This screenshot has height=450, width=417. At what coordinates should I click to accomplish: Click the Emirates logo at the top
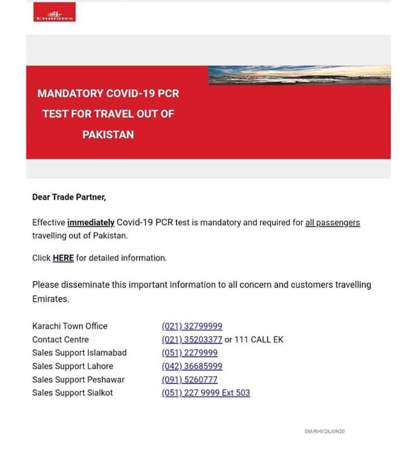click(x=54, y=13)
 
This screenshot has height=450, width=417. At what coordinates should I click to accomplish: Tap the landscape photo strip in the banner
click(x=299, y=75)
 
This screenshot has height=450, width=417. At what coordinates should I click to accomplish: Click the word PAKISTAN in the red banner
click(x=108, y=135)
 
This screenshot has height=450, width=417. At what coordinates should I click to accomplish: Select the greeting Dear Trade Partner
click(x=69, y=197)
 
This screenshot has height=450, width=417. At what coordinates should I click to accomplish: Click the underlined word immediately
click(x=91, y=223)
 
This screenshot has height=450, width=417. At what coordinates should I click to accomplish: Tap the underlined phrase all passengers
click(x=332, y=223)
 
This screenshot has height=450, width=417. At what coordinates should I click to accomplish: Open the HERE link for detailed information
click(x=63, y=258)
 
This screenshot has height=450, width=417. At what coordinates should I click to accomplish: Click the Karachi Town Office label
click(x=69, y=326)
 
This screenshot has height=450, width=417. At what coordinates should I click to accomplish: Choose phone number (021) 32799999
click(x=192, y=326)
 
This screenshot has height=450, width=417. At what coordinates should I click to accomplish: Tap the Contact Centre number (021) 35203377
click(x=192, y=340)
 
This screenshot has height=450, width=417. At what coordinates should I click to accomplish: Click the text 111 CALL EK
click(x=259, y=340)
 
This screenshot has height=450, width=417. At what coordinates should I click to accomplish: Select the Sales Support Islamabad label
click(x=79, y=353)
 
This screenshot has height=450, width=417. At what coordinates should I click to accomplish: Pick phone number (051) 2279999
click(x=189, y=353)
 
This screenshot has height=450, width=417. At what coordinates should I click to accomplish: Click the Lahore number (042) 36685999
click(x=192, y=366)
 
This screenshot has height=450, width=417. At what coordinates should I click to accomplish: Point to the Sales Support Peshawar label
click(x=78, y=379)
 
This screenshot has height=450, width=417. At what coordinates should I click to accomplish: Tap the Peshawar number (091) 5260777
click(x=189, y=379)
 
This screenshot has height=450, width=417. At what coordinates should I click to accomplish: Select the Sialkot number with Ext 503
click(x=206, y=393)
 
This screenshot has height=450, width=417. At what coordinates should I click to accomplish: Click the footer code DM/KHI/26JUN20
click(x=324, y=431)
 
